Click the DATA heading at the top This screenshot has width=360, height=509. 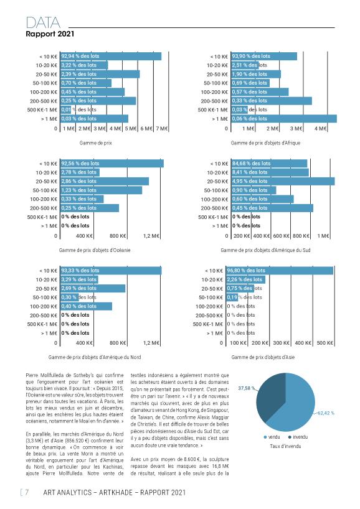click(43, 23)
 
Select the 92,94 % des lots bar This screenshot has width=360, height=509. click(111, 56)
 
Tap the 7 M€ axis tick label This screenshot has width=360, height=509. click(161, 129)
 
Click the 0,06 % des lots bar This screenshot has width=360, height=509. click(284, 119)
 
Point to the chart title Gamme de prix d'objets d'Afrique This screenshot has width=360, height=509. click(265, 143)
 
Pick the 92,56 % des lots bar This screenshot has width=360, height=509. click(112, 163)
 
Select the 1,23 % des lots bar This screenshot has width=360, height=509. click(102, 190)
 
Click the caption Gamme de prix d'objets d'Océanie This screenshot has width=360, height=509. click(95, 250)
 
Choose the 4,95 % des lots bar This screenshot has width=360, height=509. click(283, 181)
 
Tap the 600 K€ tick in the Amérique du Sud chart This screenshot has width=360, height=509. click(281, 236)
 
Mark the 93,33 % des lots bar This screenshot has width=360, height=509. click(111, 271)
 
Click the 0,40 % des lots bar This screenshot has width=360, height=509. click(87, 306)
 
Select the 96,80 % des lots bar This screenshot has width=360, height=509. click(280, 271)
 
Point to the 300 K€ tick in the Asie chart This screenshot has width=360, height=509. click(281, 343)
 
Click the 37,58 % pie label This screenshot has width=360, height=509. click(247, 388)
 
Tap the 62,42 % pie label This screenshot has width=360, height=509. click(326, 413)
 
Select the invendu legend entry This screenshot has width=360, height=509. click(298, 437)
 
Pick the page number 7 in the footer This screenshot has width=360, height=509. click(27, 492)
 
